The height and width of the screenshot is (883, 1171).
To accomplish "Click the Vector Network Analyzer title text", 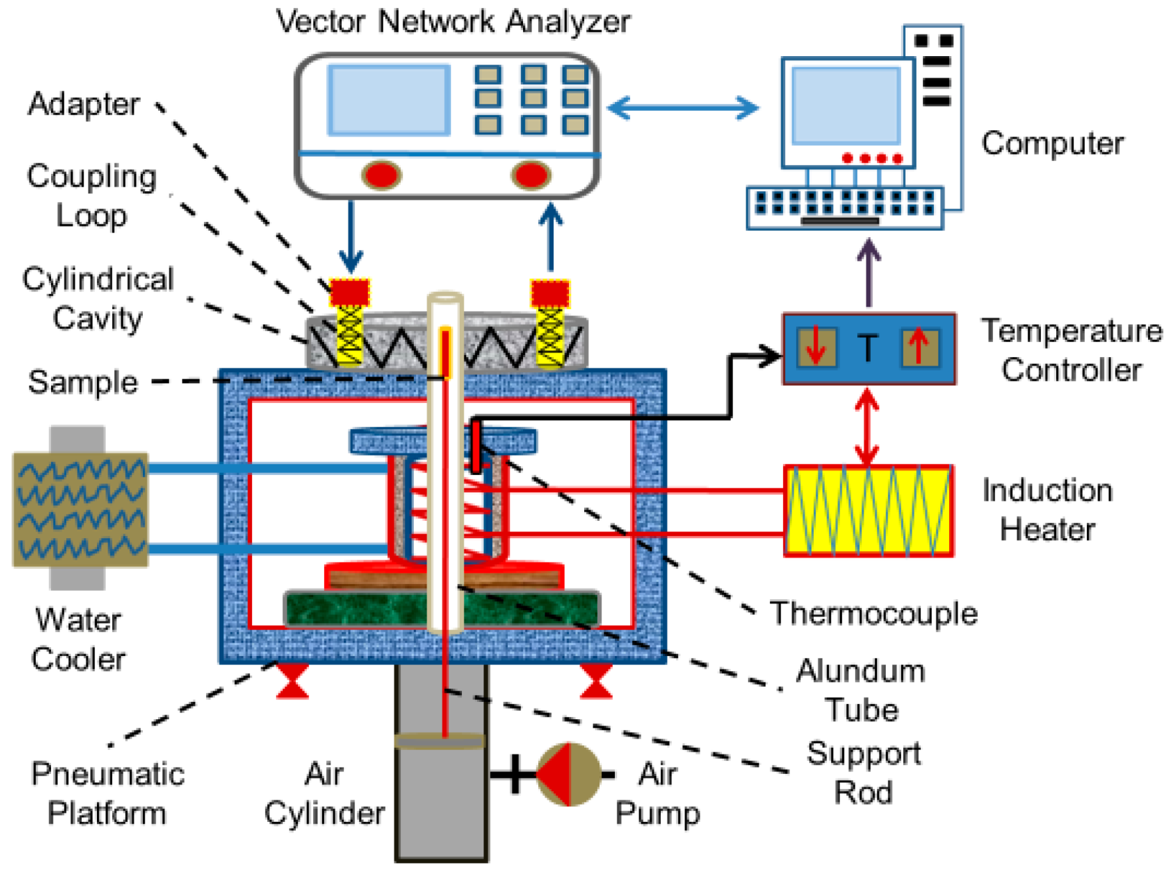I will point(453,22).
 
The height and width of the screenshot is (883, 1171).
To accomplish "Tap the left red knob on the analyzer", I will point(381,175).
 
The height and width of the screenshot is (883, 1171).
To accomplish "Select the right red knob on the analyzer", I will point(531,175).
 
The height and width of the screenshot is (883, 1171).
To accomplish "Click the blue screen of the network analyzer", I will point(388,100).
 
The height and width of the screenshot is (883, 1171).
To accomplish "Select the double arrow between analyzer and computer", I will point(683,107).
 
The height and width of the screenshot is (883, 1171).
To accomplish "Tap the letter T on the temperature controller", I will point(867,348).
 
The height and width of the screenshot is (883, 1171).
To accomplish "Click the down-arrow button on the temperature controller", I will point(816,347).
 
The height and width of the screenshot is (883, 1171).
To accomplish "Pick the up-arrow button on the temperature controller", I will point(919,347).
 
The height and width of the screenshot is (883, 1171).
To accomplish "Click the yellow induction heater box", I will point(868,511).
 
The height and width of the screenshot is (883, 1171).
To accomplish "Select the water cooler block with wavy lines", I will point(80,509).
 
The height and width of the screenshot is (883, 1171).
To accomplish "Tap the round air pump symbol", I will point(568,774).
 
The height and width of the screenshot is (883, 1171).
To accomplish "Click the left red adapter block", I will point(350,293).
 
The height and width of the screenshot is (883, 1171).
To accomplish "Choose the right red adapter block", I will point(550,293).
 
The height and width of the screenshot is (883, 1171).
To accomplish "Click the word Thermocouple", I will point(873,613).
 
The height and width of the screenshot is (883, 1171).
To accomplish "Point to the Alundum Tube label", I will point(860,690).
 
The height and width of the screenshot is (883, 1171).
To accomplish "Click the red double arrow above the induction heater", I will point(867,426).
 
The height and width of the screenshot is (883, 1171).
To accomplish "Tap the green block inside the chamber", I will point(441,609).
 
